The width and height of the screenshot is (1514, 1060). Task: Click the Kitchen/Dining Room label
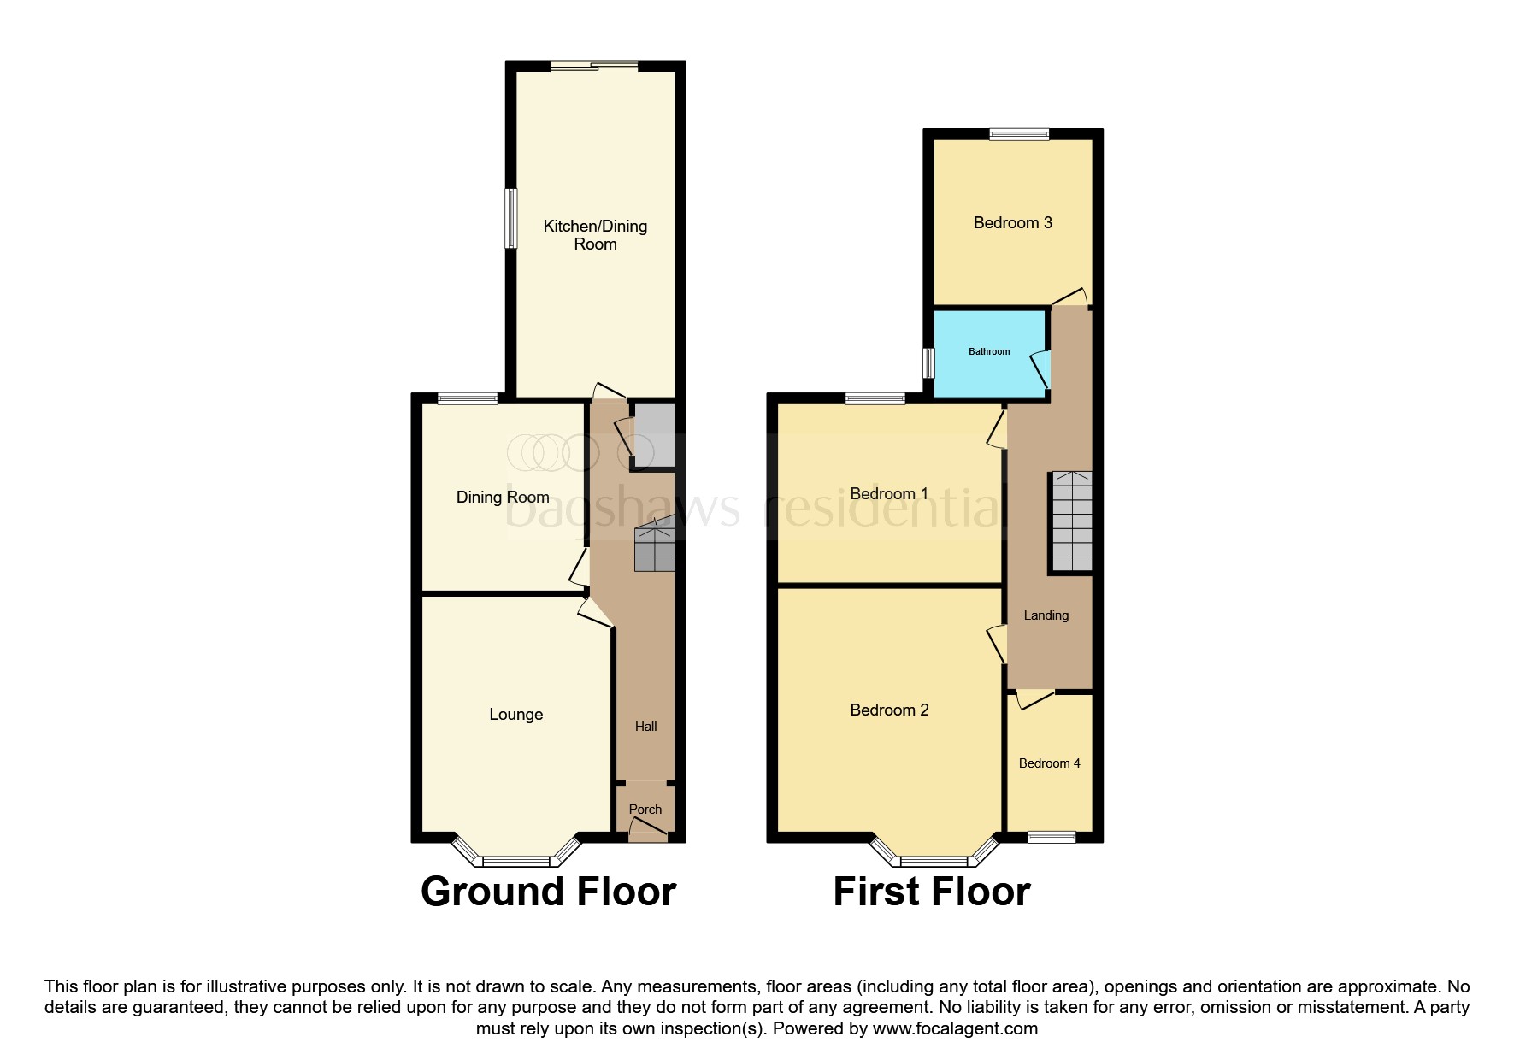(x=595, y=235)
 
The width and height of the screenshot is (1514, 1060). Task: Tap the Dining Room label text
(x=502, y=498)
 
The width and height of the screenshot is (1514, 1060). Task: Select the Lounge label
(x=515, y=715)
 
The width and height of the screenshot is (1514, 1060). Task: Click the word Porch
(x=645, y=810)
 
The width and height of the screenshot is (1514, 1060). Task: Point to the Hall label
(x=645, y=727)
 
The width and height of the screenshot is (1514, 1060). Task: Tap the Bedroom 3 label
(x=1012, y=223)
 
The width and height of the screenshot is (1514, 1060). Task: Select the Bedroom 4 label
(x=1049, y=763)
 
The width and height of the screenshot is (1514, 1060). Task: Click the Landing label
(x=1046, y=615)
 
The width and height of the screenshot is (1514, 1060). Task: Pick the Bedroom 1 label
(x=889, y=494)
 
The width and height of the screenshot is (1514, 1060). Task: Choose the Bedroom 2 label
(x=889, y=710)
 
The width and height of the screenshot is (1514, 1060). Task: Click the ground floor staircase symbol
(x=654, y=548)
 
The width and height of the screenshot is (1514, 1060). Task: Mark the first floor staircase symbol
(x=1071, y=521)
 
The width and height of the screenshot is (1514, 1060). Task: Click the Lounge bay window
(x=515, y=859)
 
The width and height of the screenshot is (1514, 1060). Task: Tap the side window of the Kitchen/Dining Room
(x=510, y=218)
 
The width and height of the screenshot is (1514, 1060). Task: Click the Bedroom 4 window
(x=1051, y=837)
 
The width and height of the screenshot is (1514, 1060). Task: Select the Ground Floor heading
(x=548, y=892)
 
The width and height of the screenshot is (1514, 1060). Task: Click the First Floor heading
(x=931, y=892)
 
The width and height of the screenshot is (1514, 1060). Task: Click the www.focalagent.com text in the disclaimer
(x=955, y=1028)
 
